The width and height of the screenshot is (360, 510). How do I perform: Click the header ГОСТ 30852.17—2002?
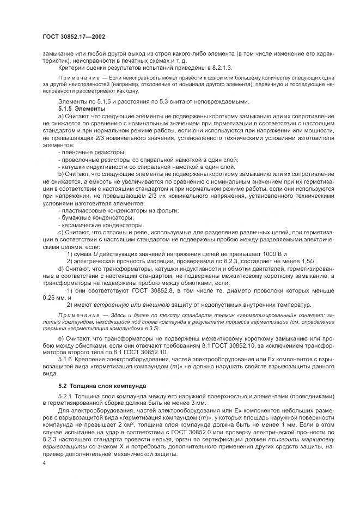[x=74, y=37]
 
